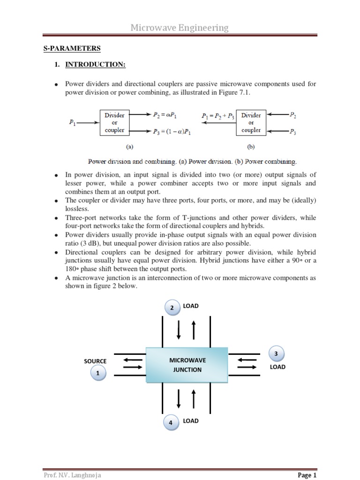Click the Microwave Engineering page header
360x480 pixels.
click(x=180, y=28)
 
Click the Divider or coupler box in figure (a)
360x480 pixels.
click(x=114, y=122)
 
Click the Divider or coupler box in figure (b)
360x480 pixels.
click(x=251, y=122)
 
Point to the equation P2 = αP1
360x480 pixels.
click(x=165, y=114)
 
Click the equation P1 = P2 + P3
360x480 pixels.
click(x=217, y=115)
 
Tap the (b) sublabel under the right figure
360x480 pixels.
click(x=251, y=146)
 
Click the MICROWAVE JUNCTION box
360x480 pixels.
click(x=187, y=365)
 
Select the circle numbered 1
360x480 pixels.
click(x=98, y=374)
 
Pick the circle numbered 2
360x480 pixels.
click(x=172, y=307)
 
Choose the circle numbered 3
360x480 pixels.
click(x=276, y=353)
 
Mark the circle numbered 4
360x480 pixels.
click(x=171, y=422)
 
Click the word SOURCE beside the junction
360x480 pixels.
click(x=95, y=361)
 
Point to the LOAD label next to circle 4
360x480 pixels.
click(x=191, y=421)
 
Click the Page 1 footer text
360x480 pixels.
click(x=307, y=475)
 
